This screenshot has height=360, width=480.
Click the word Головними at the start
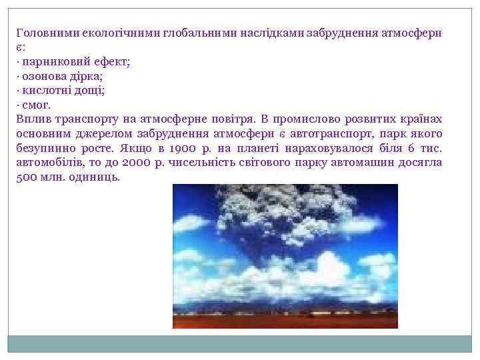point(42,33)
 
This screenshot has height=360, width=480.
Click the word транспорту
point(83,119)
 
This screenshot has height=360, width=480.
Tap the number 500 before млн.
point(25,178)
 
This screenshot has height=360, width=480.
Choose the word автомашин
point(346,163)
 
